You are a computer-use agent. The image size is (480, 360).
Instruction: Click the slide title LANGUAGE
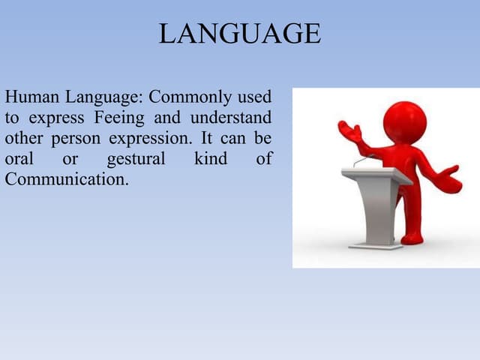click(x=239, y=34)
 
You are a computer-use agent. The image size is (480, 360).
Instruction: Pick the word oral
click(x=18, y=159)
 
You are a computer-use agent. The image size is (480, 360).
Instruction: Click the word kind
click(x=210, y=159)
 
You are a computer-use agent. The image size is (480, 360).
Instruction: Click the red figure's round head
click(x=404, y=121)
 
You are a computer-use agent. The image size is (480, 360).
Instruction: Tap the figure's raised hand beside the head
click(x=348, y=132)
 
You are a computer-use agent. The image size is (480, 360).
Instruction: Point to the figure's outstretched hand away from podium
click(x=448, y=180)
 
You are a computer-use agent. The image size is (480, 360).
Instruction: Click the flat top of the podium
click(x=376, y=175)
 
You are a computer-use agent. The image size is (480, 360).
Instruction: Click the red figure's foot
click(x=412, y=238)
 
